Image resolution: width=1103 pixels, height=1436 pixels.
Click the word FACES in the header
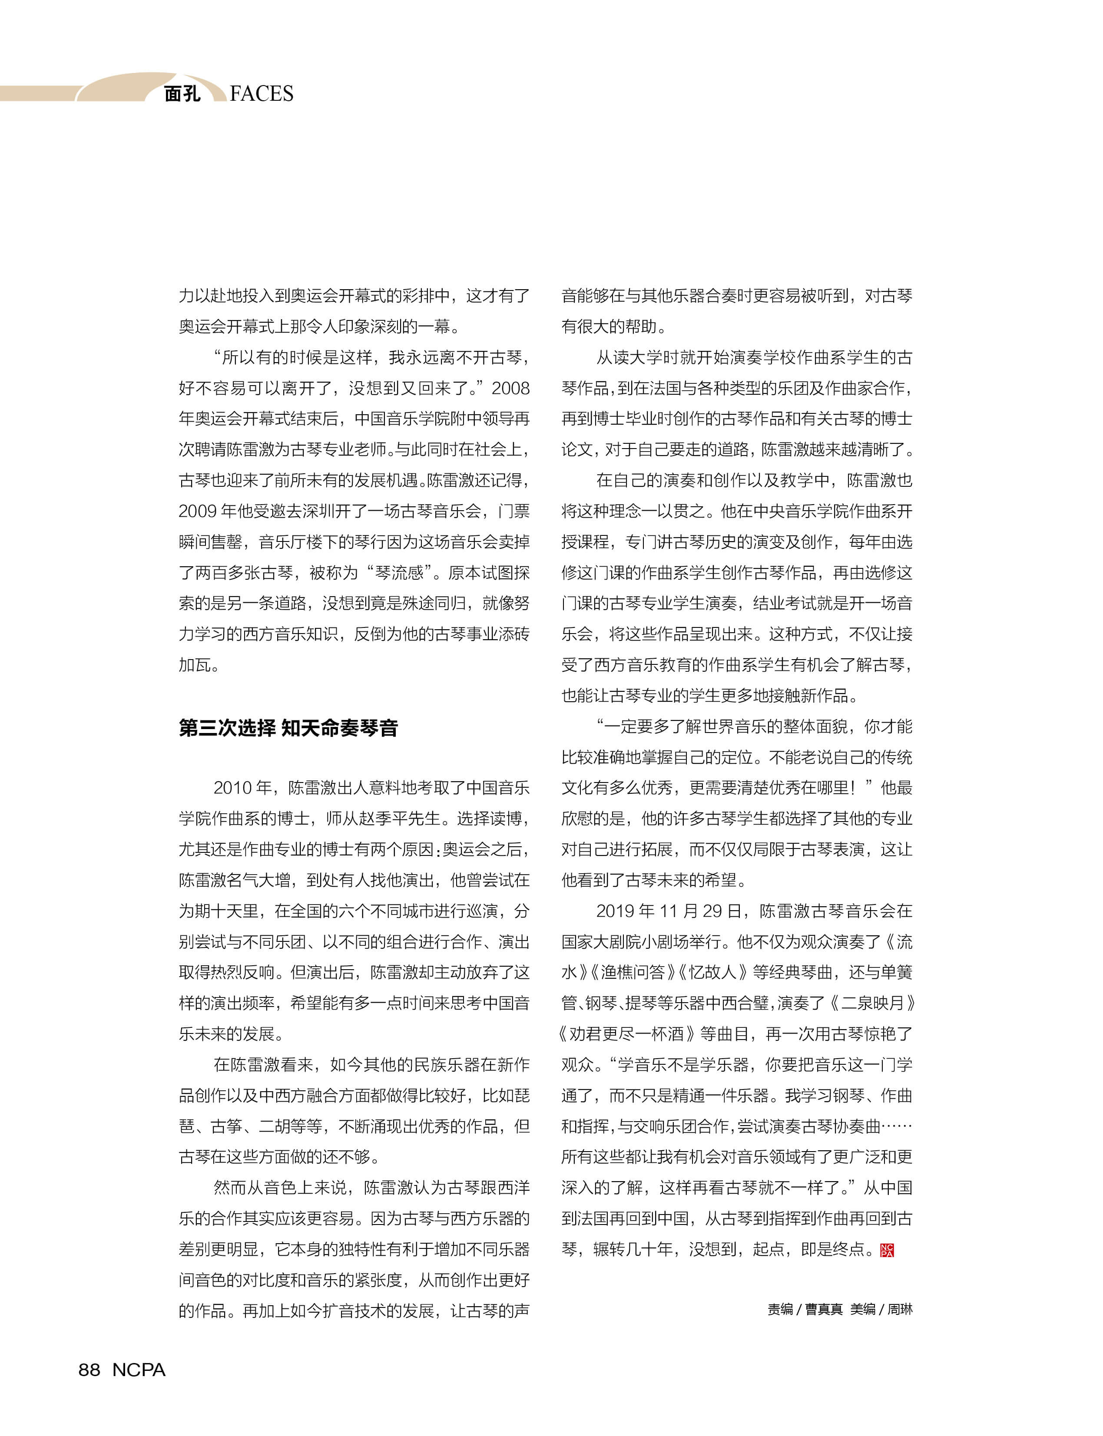coord(262,94)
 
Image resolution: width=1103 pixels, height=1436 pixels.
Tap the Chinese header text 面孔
coord(182,94)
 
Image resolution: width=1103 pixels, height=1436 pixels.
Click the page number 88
coord(89,1370)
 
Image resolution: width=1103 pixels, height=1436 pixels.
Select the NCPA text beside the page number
coord(139,1370)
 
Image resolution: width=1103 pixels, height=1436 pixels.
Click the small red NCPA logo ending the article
coord(887,1250)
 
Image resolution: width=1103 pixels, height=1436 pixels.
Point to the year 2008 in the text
coord(510,389)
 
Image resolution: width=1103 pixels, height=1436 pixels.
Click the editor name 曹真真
coord(824,1309)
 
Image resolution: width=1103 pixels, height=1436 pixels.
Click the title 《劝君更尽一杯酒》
coord(626,1034)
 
